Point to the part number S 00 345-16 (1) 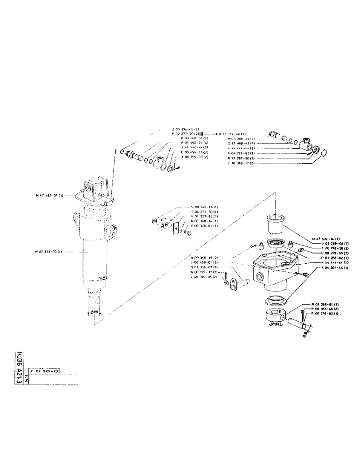coord(193,206)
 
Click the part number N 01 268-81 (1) coord(321,304)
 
